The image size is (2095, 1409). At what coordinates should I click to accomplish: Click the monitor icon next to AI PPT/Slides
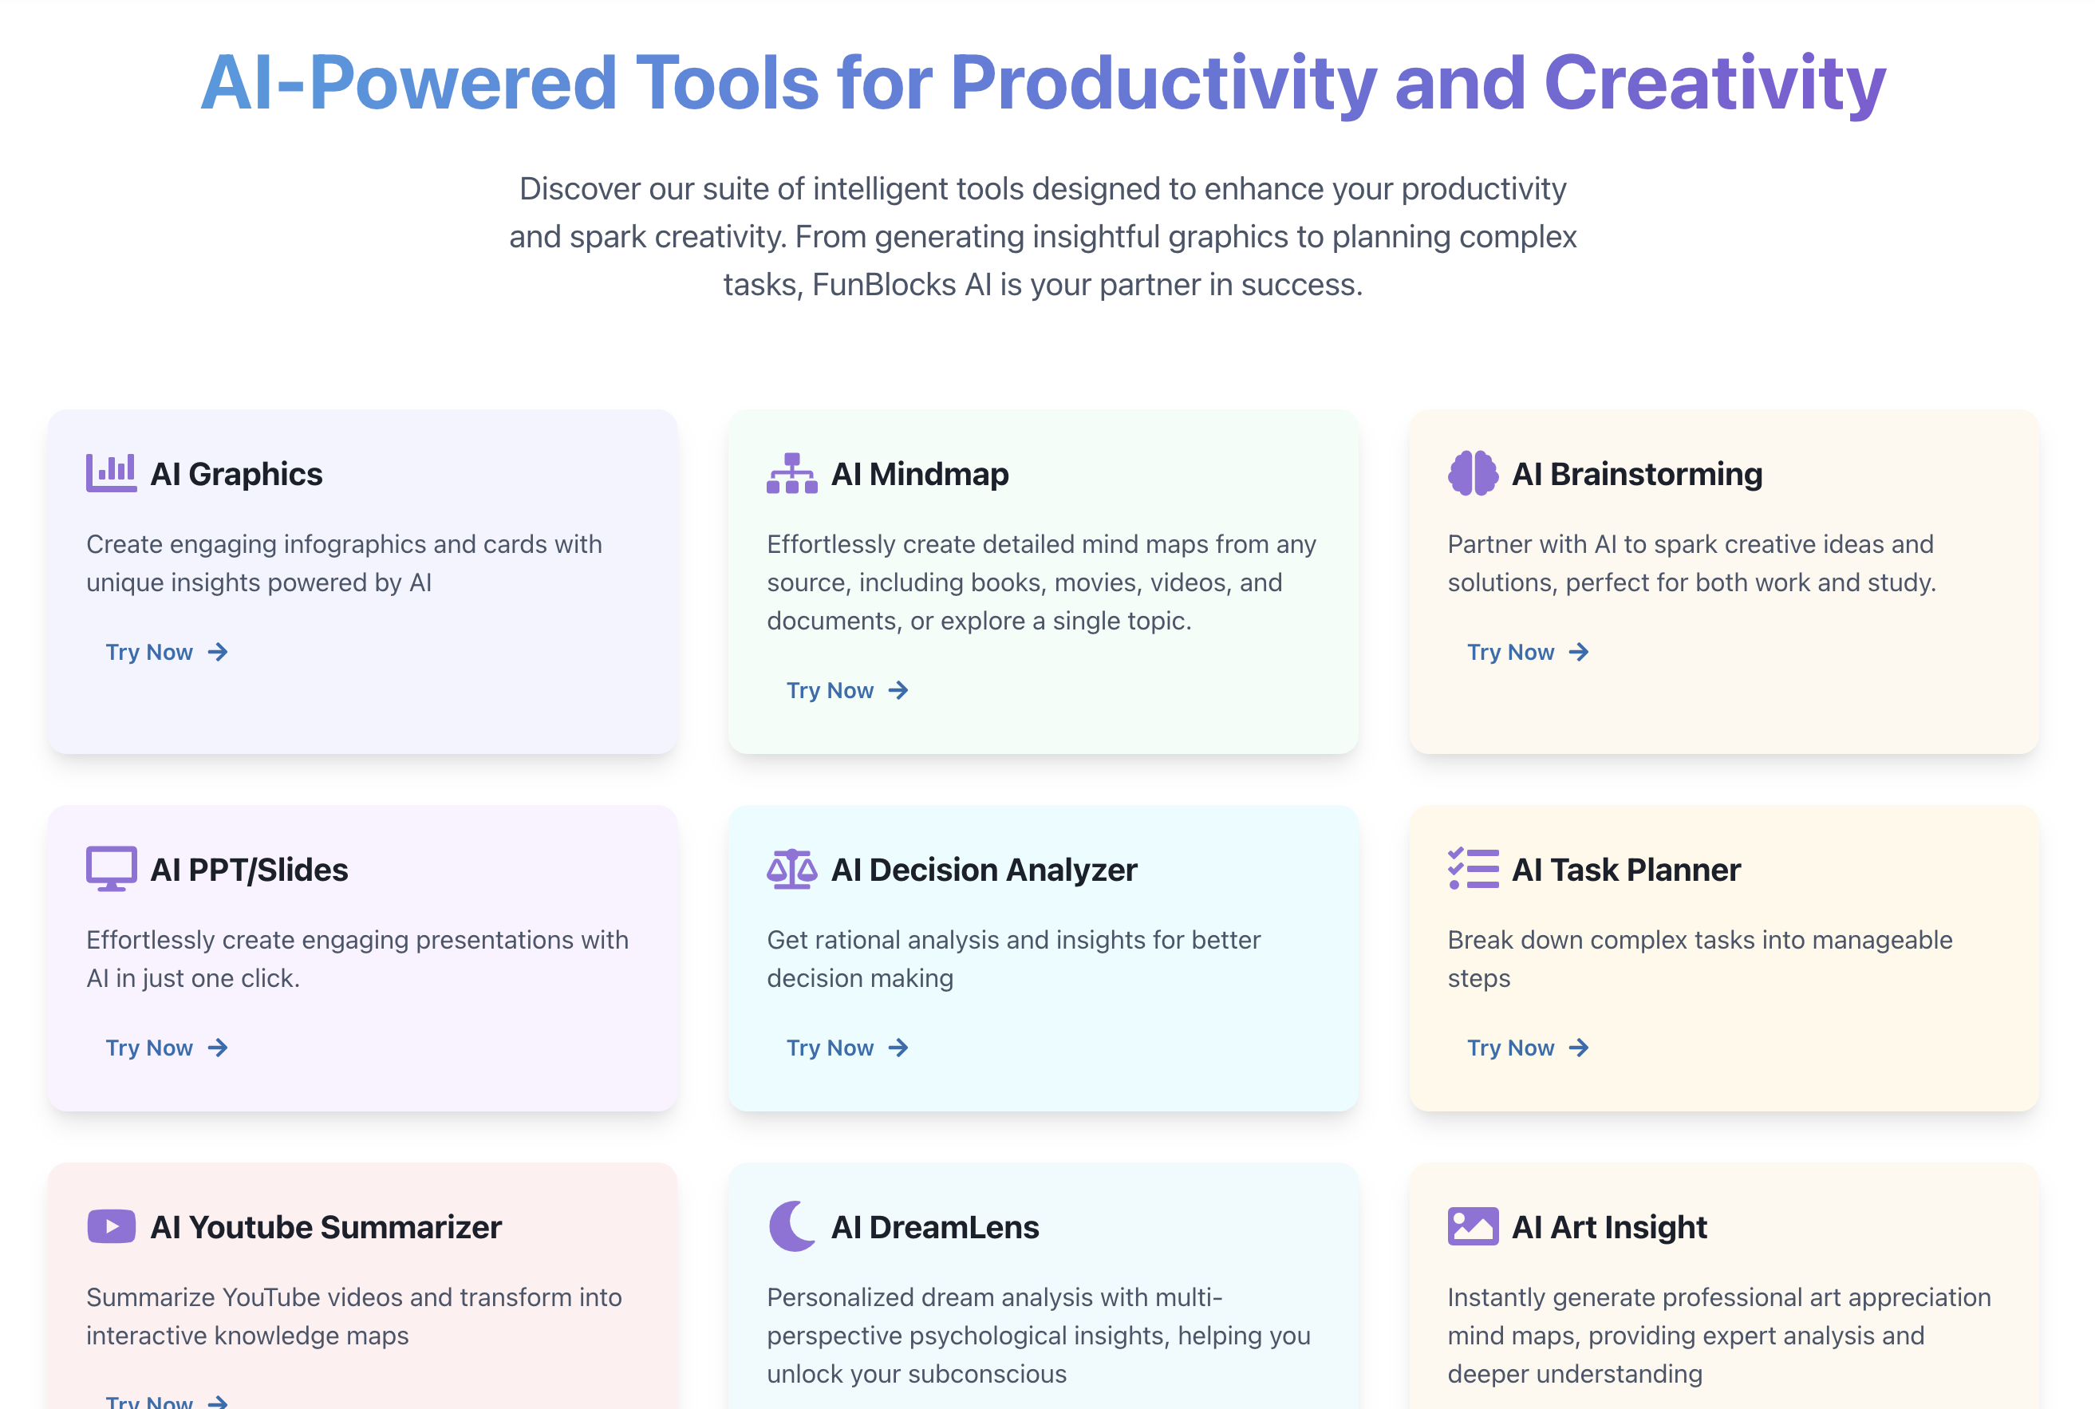112,869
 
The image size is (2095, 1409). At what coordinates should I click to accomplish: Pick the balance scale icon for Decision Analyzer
792,869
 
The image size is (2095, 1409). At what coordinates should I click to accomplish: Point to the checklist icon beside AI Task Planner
1474,869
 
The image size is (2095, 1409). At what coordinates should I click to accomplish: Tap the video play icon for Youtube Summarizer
112,1226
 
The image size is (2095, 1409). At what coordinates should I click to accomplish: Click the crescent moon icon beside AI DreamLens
792,1226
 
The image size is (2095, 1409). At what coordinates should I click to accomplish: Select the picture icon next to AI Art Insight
1474,1226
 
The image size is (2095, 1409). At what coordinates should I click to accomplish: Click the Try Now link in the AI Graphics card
167,653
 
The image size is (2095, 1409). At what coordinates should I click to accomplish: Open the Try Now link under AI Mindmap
848,691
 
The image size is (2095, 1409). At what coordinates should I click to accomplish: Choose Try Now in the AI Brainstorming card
1528,653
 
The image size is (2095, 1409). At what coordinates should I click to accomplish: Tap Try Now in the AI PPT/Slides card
167,1048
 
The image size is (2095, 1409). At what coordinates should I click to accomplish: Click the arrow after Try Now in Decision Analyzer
898,1048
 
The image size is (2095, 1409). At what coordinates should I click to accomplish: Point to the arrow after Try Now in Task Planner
1579,1048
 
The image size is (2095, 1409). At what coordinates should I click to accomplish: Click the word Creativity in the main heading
1715,83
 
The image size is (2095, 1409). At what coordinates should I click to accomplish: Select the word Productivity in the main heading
1163,83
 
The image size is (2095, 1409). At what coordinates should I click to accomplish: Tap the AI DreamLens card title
935,1227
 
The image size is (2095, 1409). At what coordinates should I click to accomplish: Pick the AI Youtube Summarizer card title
326,1227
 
